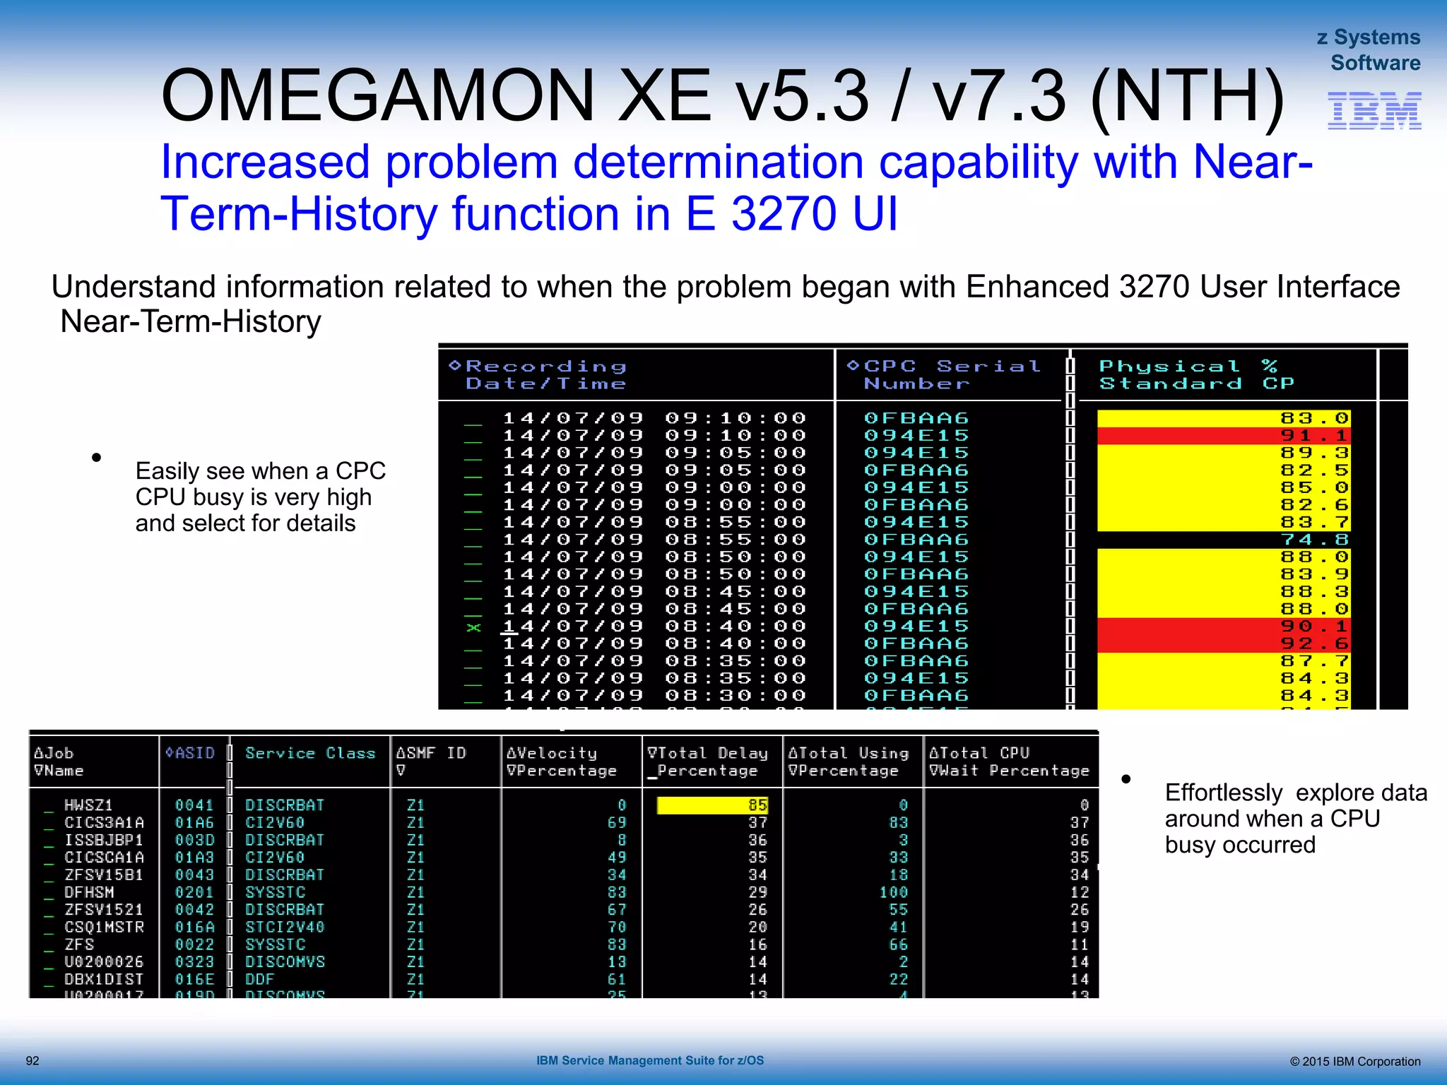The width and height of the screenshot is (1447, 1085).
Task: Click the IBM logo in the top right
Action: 1374,111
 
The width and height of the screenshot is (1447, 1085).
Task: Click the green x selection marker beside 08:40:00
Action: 473,627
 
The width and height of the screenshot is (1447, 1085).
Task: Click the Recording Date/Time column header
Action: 545,375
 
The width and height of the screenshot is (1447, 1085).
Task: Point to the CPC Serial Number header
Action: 943,375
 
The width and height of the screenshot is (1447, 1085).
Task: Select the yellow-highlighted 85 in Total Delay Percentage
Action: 757,805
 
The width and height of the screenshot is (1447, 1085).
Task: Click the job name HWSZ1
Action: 88,805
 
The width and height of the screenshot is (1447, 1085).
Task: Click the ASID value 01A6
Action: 194,823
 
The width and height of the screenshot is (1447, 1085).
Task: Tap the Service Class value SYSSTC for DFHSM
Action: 275,892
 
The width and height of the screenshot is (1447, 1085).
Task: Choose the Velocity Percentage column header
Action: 562,762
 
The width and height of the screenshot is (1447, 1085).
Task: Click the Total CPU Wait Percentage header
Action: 1009,762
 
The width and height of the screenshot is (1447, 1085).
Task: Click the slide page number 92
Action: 33,1061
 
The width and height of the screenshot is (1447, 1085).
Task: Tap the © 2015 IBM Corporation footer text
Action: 1354,1062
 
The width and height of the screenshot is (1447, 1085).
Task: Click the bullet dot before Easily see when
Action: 97,458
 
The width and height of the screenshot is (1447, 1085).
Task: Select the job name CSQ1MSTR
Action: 104,927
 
